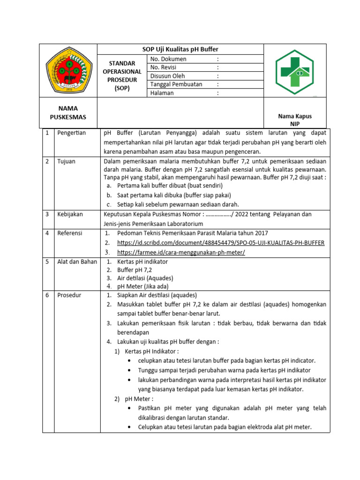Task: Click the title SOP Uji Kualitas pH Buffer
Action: pyautogui.click(x=180, y=49)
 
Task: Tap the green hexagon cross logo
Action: pyautogui.click(x=295, y=72)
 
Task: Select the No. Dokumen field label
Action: pyautogui.click(x=168, y=59)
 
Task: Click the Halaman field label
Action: pyautogui.click(x=162, y=93)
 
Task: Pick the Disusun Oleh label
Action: pyautogui.click(x=167, y=76)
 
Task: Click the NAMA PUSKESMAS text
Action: pyautogui.click(x=68, y=112)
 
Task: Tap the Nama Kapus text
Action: pyautogui.click(x=295, y=116)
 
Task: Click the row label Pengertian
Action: pyautogui.click(x=72, y=133)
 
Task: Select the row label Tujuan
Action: pyautogui.click(x=67, y=161)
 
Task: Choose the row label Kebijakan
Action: pyautogui.click(x=70, y=214)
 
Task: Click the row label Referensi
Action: pyautogui.click(x=70, y=233)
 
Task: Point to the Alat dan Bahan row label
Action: pyautogui.click(x=77, y=262)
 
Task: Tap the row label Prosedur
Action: pyautogui.click(x=69, y=295)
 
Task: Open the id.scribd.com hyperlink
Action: pyautogui.click(x=220, y=242)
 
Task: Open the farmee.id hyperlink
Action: pyautogui.click(x=181, y=252)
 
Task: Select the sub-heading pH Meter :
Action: pyautogui.click(x=139, y=399)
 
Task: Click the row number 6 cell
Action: pyautogui.click(x=47, y=295)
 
